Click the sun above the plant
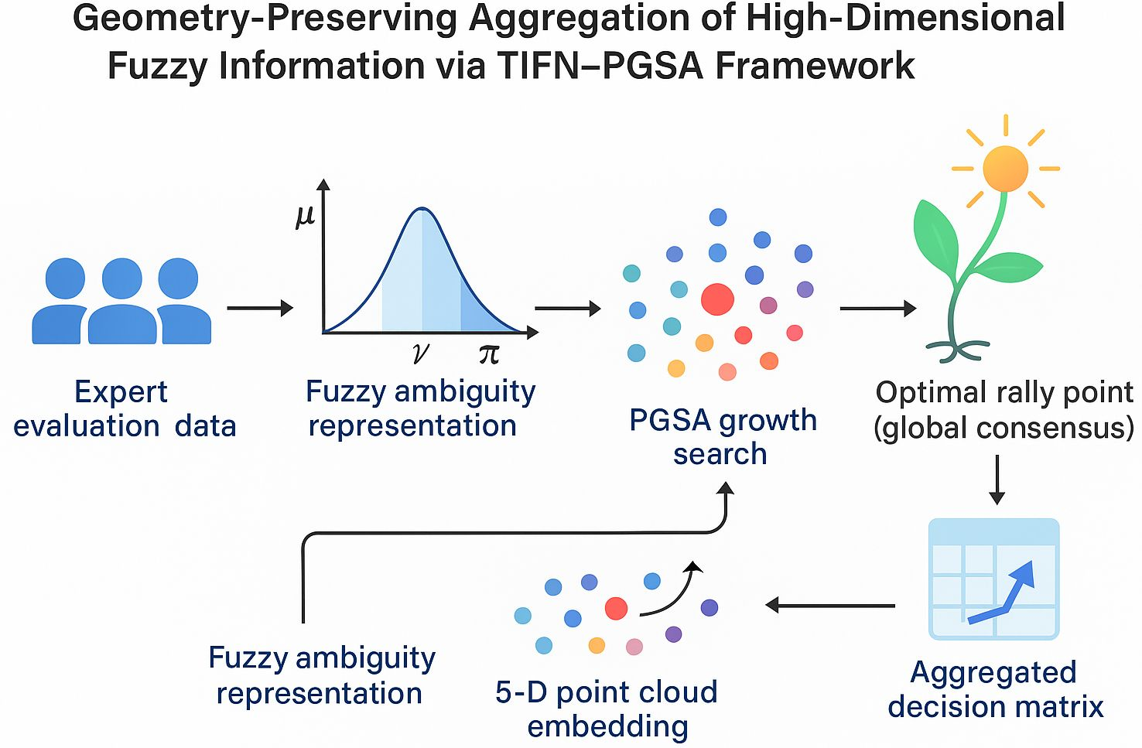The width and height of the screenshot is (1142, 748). pyautogui.click(x=1005, y=168)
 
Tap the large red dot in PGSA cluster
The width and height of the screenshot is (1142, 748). pyautogui.click(x=717, y=299)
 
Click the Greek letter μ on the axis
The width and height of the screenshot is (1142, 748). pyautogui.click(x=305, y=216)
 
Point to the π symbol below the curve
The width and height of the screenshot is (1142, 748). pyautogui.click(x=488, y=354)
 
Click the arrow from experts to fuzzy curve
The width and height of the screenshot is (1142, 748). pyautogui.click(x=260, y=308)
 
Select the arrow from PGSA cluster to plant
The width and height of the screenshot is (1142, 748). pyautogui.click(x=877, y=309)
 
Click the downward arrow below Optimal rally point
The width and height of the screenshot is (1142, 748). pyautogui.click(x=997, y=480)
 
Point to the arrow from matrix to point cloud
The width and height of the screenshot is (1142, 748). pyautogui.click(x=830, y=605)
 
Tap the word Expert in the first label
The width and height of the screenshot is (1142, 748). pyautogui.click(x=121, y=392)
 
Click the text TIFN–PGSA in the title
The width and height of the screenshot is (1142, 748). pyautogui.click(x=599, y=65)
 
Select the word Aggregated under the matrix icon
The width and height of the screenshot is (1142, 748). pyautogui.click(x=993, y=672)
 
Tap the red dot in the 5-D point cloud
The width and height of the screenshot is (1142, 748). pyautogui.click(x=616, y=608)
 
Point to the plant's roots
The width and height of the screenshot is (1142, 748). pyautogui.click(x=958, y=350)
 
